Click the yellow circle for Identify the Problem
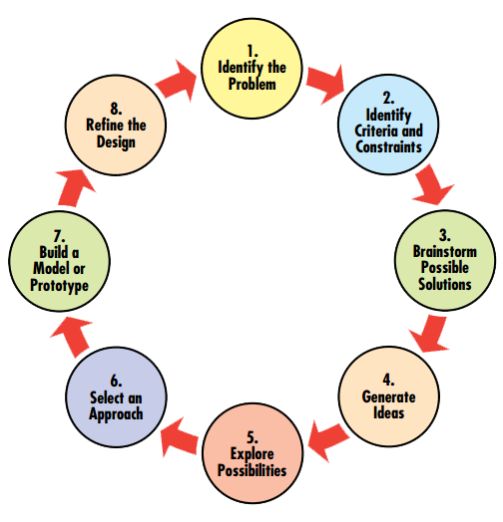coord(252,69)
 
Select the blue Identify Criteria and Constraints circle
coord(388,125)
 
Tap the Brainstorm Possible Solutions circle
coord(445,260)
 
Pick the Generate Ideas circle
coord(389,396)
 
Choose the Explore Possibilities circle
coord(252,453)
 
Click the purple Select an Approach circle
coord(116,396)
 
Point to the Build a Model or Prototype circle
coord(59,261)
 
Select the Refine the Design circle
coord(116,125)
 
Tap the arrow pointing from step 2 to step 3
coord(432,184)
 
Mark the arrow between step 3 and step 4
coord(430,334)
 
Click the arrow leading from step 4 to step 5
coord(328,440)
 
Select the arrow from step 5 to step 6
coord(179,437)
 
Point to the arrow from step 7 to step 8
coord(75,187)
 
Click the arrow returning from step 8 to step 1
coord(176,81)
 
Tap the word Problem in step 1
coord(252,84)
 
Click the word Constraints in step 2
coord(388,146)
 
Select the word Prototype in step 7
coord(59,286)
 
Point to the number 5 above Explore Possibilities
coord(252,437)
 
